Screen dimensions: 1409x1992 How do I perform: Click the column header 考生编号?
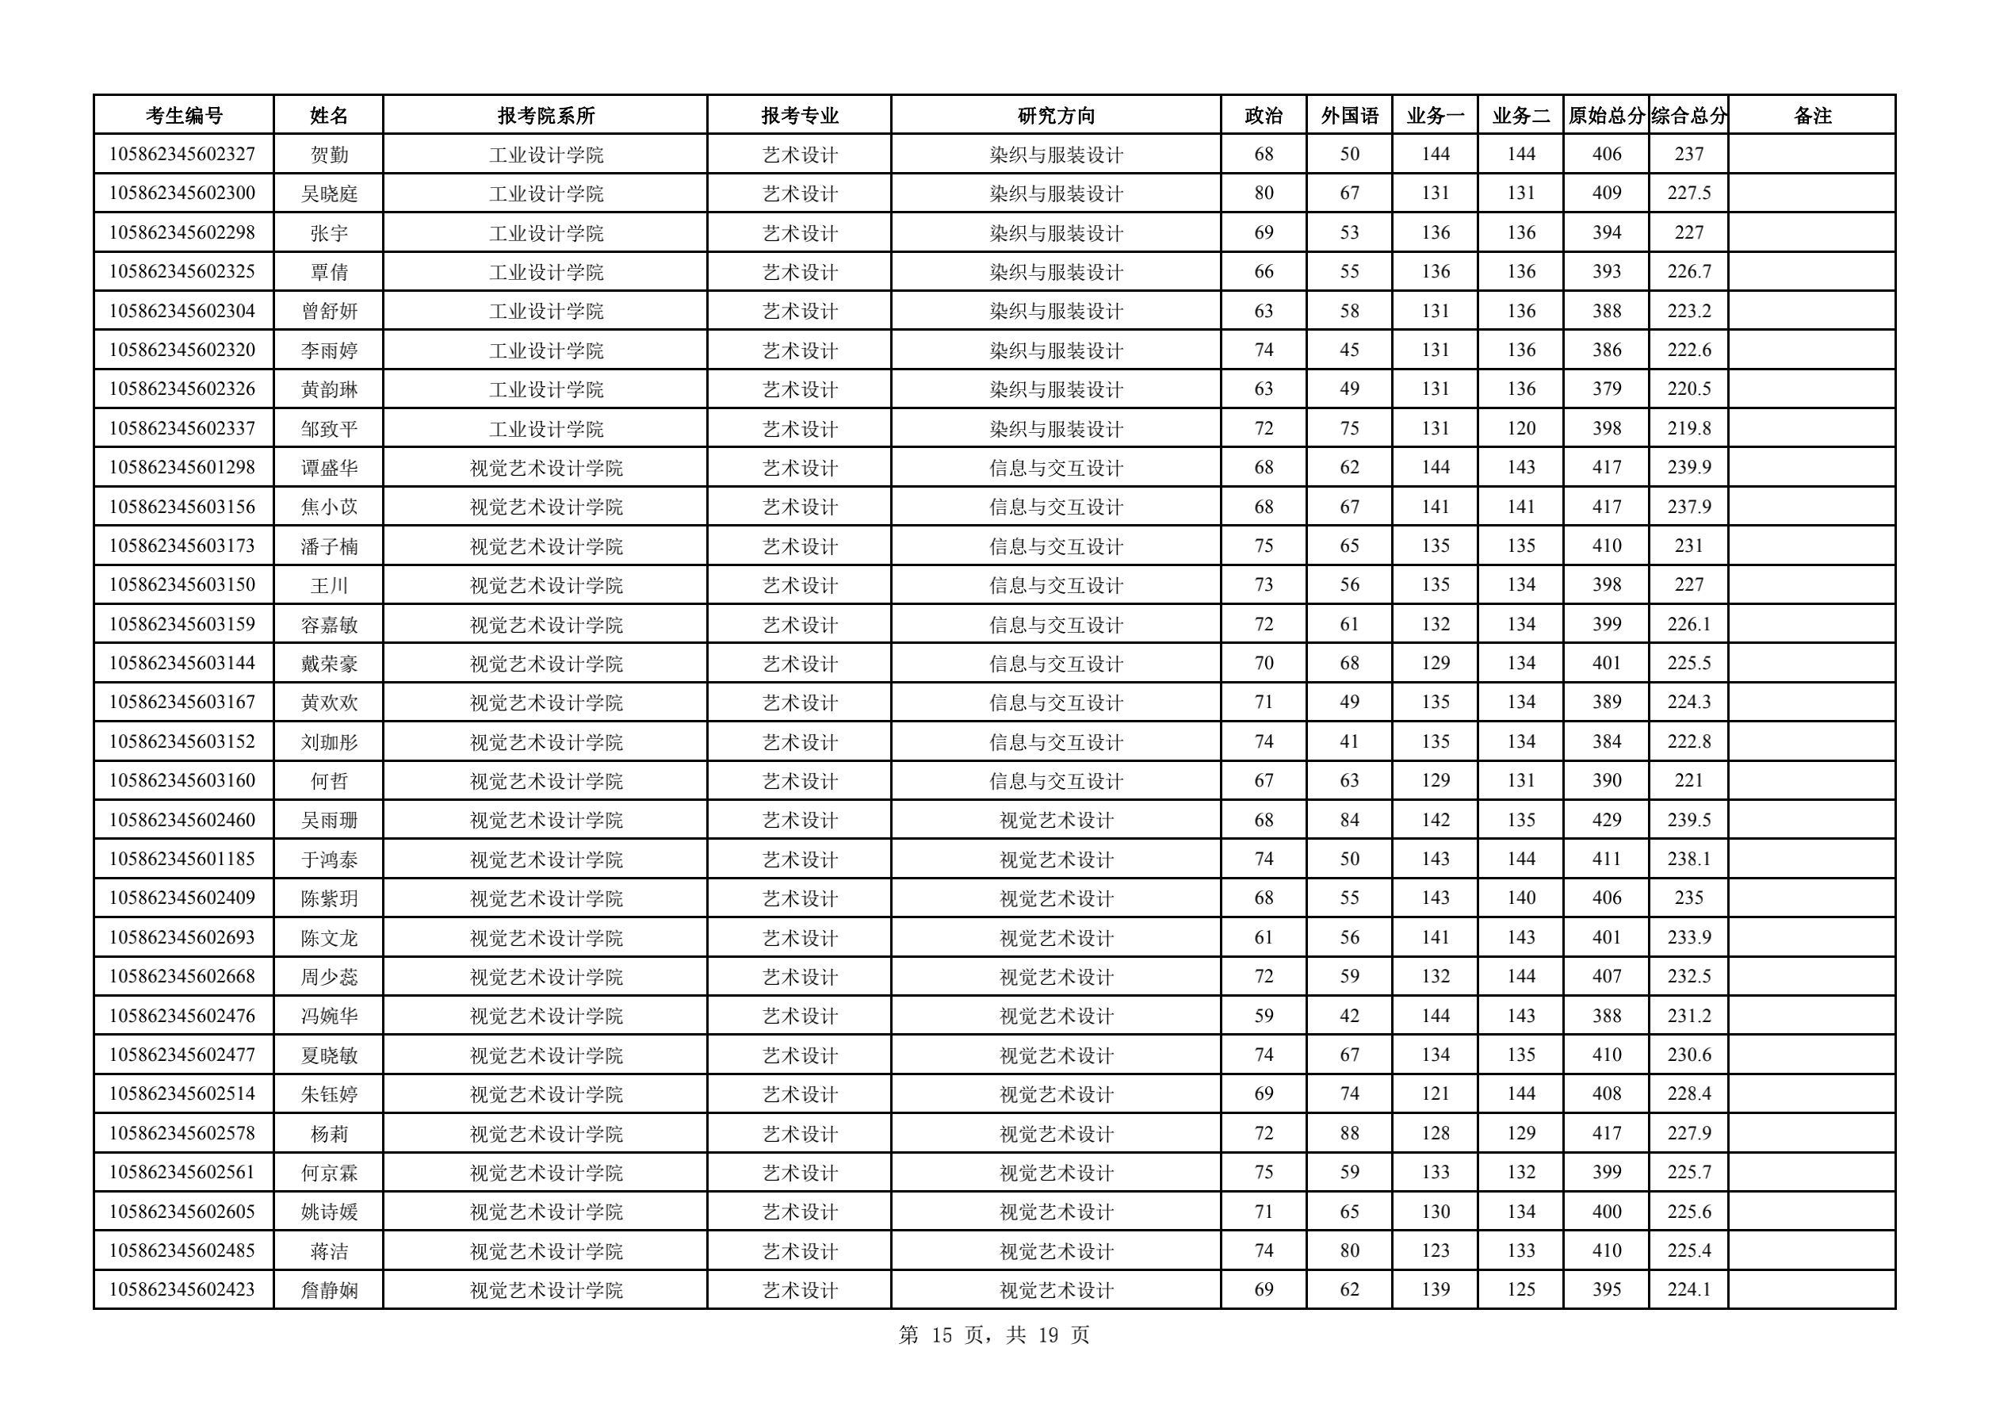(183, 116)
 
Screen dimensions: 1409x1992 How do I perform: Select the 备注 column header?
(1811, 116)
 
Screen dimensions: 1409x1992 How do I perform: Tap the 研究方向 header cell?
(1055, 116)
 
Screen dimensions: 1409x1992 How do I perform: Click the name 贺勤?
(329, 155)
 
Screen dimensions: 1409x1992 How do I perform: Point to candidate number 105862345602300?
(182, 193)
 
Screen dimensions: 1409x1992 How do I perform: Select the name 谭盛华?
(329, 468)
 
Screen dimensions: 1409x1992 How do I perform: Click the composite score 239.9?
(1688, 468)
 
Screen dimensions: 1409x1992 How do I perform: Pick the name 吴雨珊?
(329, 820)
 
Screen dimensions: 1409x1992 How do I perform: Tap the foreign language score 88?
(1349, 1133)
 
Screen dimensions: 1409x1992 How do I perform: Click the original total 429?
(1606, 820)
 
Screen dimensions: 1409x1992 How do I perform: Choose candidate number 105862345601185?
(182, 859)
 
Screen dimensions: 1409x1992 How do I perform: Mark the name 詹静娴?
(329, 1290)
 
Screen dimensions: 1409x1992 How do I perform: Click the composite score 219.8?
(1688, 429)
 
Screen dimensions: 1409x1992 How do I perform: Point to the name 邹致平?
(329, 429)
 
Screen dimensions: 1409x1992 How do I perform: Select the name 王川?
(329, 584)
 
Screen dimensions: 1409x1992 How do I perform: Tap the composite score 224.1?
(1688, 1290)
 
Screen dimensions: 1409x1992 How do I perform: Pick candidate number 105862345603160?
(182, 781)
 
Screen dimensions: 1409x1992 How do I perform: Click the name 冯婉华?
(329, 1016)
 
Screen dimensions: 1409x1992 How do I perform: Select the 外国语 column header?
(1349, 116)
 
